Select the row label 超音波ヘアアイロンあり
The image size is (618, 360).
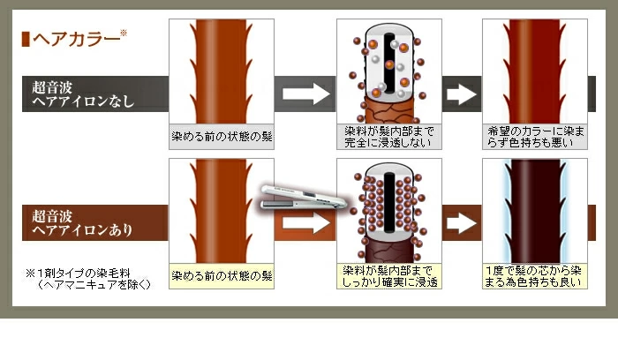(x=83, y=222)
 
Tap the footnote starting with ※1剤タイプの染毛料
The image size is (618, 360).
(x=88, y=279)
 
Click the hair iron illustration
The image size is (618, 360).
(x=305, y=199)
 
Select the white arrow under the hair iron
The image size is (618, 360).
(x=305, y=223)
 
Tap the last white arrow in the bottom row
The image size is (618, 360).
(x=460, y=223)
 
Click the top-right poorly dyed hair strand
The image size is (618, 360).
(x=535, y=71)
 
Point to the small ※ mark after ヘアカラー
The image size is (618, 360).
(x=124, y=34)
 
